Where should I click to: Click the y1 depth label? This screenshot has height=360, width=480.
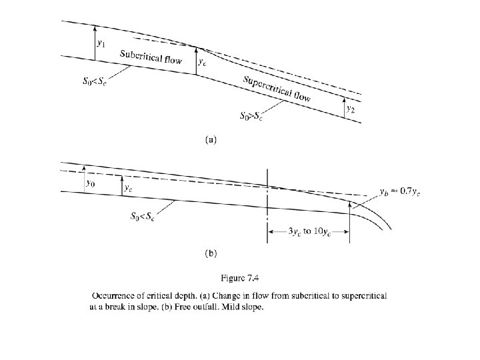click(x=101, y=43)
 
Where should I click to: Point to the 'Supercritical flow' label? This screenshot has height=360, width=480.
click(x=277, y=89)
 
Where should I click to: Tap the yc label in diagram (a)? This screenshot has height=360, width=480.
click(x=203, y=62)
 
